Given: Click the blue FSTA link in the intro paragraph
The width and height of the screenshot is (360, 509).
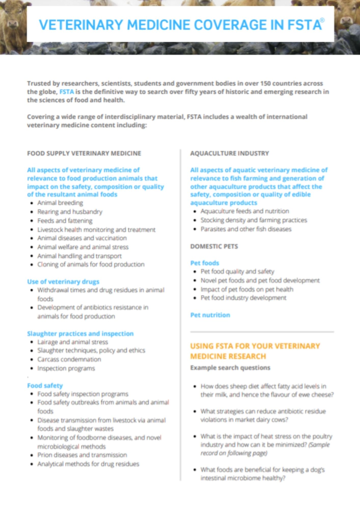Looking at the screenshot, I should point(66,92).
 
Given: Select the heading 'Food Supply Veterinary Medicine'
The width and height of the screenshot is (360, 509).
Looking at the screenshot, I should point(84,153).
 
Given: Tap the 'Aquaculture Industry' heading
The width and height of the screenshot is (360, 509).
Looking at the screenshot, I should point(229,153).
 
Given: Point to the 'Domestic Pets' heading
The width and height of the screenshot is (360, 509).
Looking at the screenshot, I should point(214,246).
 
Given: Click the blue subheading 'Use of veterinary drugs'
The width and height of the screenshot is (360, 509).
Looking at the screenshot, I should point(63,281).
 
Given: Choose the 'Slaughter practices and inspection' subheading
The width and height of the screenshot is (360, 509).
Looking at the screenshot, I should point(80,333).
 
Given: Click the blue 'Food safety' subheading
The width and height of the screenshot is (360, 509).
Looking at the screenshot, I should point(45,386).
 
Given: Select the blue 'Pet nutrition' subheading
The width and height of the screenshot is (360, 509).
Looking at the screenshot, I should point(210,315).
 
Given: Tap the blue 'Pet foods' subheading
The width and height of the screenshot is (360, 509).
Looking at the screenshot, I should point(204,263).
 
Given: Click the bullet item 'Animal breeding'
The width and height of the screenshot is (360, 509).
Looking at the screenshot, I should point(60,203).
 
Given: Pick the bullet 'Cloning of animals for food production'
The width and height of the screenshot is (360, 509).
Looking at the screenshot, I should point(91,264).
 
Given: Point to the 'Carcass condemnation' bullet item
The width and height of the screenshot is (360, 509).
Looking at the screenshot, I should point(69,359).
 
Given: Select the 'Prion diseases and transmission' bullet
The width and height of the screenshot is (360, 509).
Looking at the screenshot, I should point(82,455).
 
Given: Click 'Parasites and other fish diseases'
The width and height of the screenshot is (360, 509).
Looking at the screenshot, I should point(246,229).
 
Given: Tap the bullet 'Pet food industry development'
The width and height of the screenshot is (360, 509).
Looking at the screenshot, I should point(243,298).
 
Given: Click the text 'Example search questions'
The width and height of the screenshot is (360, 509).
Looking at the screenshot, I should point(230,368).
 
